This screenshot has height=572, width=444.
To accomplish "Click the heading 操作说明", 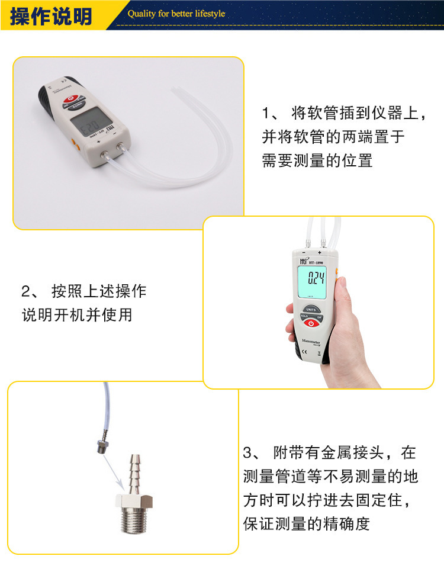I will click(x=51, y=16).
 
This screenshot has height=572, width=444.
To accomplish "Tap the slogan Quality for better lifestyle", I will click(x=176, y=14).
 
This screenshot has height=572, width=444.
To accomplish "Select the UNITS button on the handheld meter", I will click(x=312, y=309).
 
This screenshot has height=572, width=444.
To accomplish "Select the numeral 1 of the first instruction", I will click(x=266, y=113).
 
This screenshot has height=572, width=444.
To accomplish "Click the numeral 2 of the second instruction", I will click(x=26, y=291).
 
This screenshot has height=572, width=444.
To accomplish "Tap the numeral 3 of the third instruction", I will click(x=249, y=454).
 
